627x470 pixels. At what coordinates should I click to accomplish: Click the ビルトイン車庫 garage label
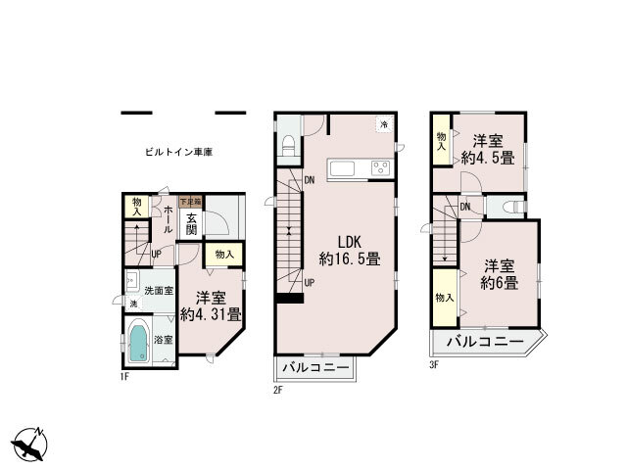tap(179, 153)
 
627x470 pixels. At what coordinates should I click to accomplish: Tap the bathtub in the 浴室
tap(138, 343)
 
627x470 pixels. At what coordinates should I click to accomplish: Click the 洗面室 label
tap(159, 291)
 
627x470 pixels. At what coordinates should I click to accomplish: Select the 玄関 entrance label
tap(192, 224)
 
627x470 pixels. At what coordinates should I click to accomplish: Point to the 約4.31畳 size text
tap(212, 314)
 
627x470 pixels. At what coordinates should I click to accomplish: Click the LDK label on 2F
tap(350, 241)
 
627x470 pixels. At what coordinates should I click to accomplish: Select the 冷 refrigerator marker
tap(384, 124)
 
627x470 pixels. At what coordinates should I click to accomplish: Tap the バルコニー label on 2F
tap(315, 368)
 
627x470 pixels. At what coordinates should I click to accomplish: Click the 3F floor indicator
tap(433, 364)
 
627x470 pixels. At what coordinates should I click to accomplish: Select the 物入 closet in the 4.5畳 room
tap(442, 142)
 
